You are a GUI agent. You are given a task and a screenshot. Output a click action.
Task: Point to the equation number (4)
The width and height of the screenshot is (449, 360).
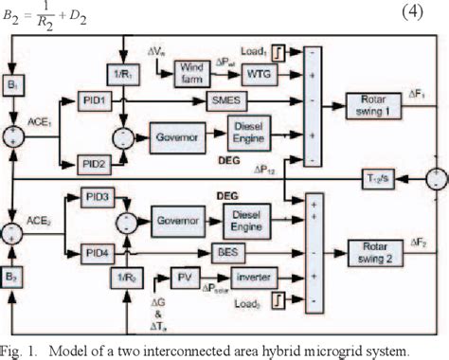tap(417, 10)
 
